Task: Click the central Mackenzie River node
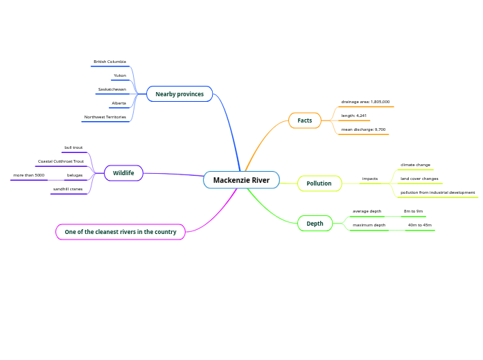tap(241, 180)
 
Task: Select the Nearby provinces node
tap(179, 94)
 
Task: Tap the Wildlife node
tap(123, 173)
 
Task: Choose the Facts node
tap(305, 120)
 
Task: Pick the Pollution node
tap(319, 183)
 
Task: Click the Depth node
tap(315, 224)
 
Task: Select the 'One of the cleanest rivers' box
tap(121, 232)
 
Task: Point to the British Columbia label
tap(109, 62)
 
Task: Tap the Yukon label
tap(120, 75)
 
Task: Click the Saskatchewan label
tap(112, 89)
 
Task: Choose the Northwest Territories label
tap(105, 117)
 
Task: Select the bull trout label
tap(73, 147)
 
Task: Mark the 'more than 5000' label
tap(29, 175)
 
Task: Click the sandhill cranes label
tap(68, 189)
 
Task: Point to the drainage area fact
tap(365, 102)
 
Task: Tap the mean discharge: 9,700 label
tap(363, 129)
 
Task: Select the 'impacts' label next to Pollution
tap(370, 179)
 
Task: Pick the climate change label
tap(415, 165)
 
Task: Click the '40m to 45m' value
tap(419, 225)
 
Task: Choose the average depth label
tap(367, 211)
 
